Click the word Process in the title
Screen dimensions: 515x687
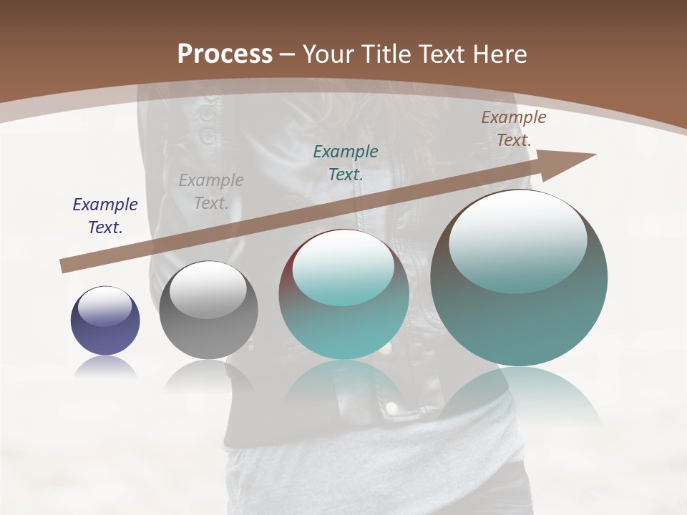coord(225,54)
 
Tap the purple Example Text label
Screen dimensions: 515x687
coord(105,216)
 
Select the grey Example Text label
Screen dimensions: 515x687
coord(211,192)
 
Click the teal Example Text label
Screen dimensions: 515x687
coord(346,162)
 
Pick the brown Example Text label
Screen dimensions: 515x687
coord(513,129)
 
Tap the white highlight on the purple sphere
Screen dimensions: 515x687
coord(104,306)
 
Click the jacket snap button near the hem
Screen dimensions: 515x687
coord(391,408)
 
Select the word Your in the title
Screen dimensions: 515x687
coord(326,54)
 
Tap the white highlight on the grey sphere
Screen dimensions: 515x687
coord(208,290)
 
